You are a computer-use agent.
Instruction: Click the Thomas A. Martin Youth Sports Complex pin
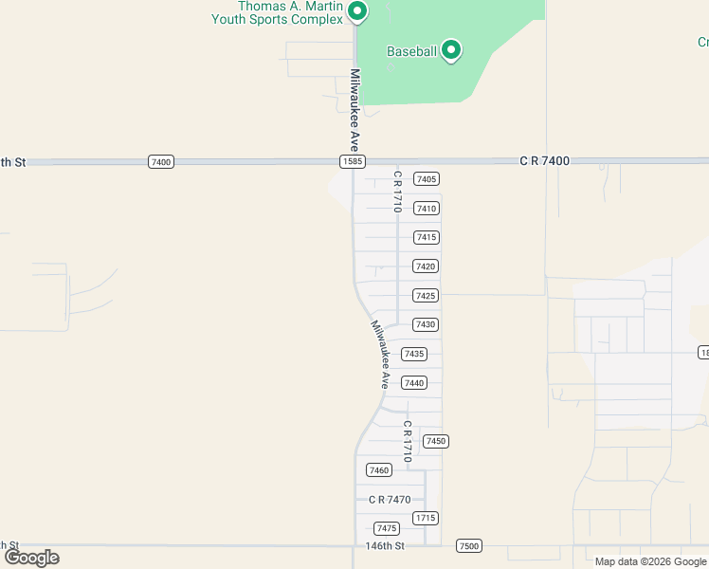tap(357, 11)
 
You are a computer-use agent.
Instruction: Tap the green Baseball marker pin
tap(451, 49)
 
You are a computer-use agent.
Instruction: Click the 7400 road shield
tap(161, 162)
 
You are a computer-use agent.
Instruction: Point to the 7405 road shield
tap(427, 179)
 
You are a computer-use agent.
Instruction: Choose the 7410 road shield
tap(427, 209)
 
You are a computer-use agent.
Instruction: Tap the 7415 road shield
tap(427, 237)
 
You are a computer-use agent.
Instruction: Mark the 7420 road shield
tap(426, 266)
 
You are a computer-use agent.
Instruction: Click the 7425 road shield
tap(426, 296)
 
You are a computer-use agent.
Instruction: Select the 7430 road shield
tap(426, 324)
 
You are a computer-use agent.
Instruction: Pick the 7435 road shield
tap(414, 354)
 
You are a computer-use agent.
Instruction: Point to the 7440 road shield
tap(414, 383)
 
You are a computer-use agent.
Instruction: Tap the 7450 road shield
tap(435, 441)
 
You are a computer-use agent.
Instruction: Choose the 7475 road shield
tap(387, 528)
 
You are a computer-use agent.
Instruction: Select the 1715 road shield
tap(426, 518)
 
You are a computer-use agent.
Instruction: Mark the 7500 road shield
tap(468, 545)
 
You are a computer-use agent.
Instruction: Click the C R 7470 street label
tap(390, 500)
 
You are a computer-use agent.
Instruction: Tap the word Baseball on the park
tap(411, 52)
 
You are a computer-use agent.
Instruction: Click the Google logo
tap(31, 558)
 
